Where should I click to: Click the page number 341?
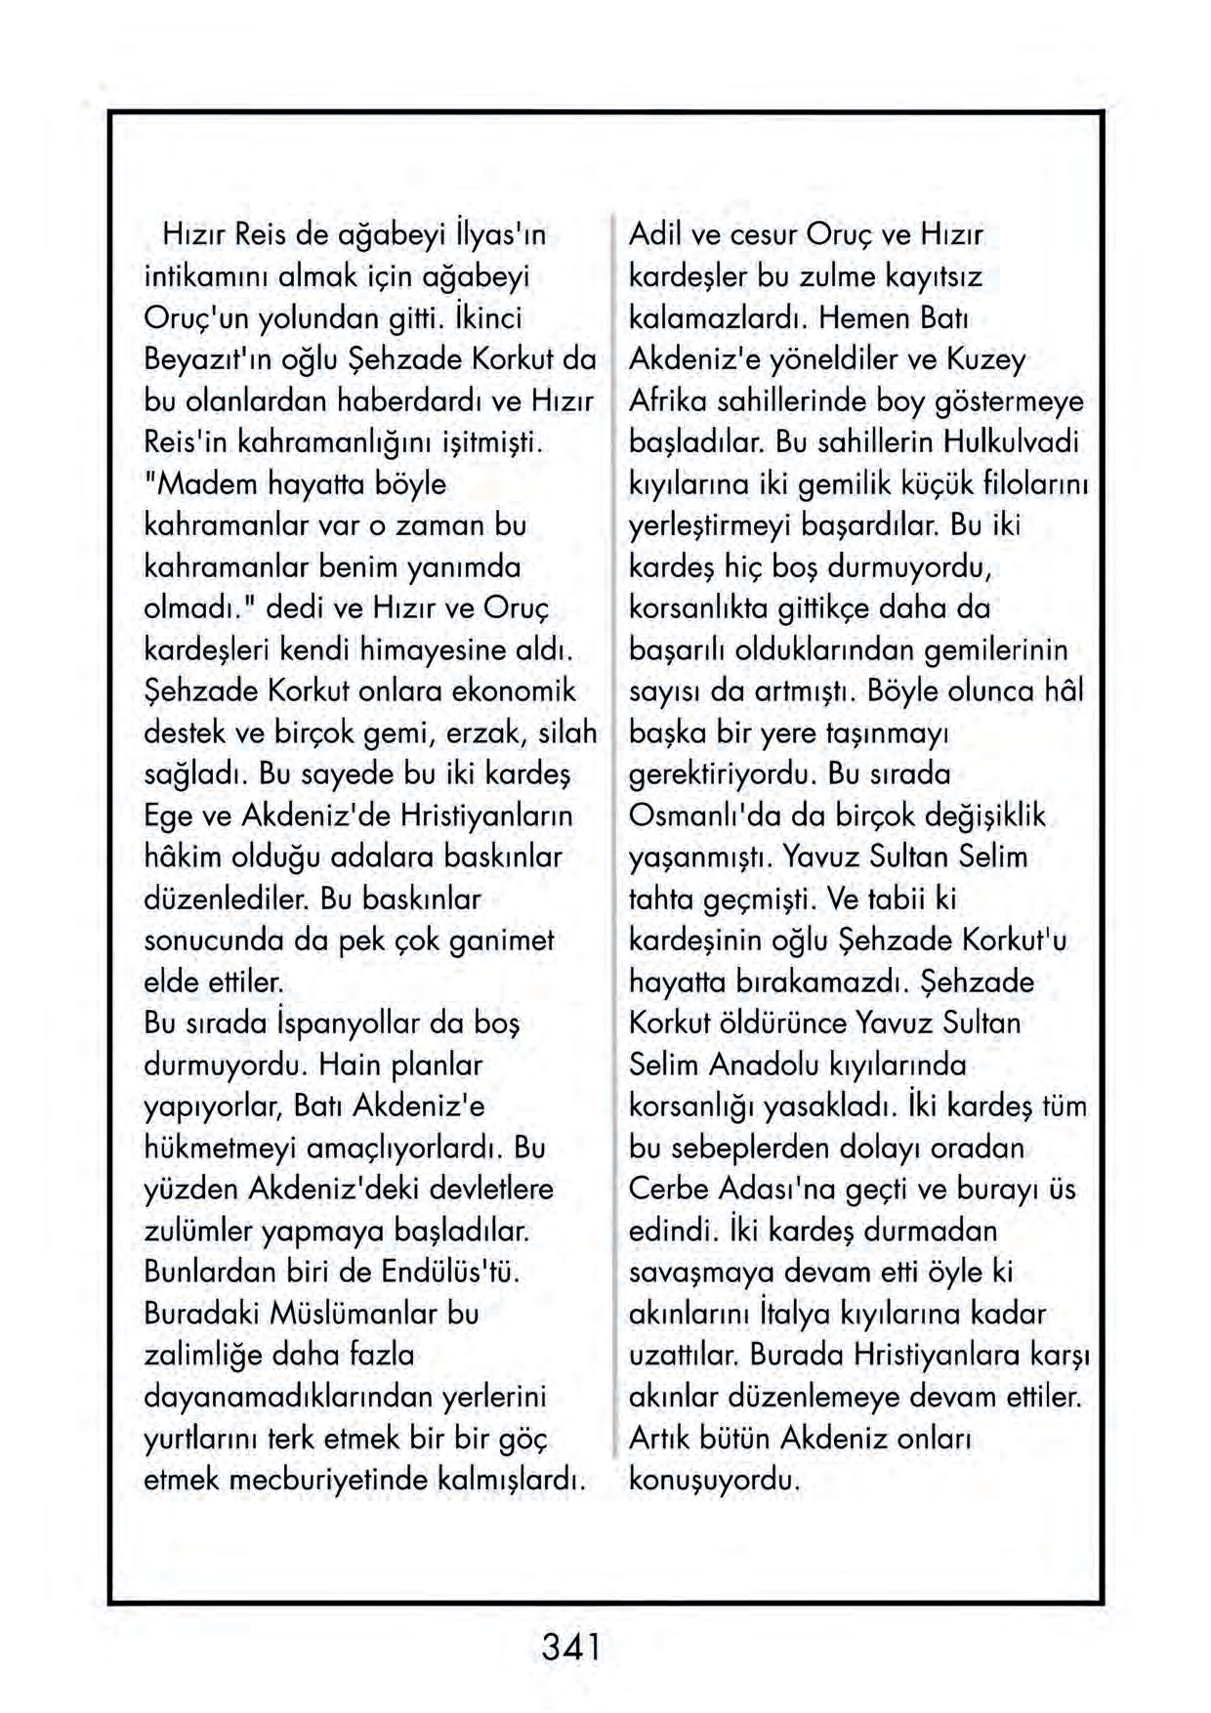click(570, 1648)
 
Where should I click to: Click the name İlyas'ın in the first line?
click(499, 235)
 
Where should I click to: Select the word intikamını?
click(206, 277)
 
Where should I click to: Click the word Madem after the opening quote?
click(208, 484)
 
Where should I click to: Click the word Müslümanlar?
click(355, 1314)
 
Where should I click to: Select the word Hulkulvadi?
click(1011, 442)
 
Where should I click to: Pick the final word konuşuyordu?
click(714, 1480)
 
